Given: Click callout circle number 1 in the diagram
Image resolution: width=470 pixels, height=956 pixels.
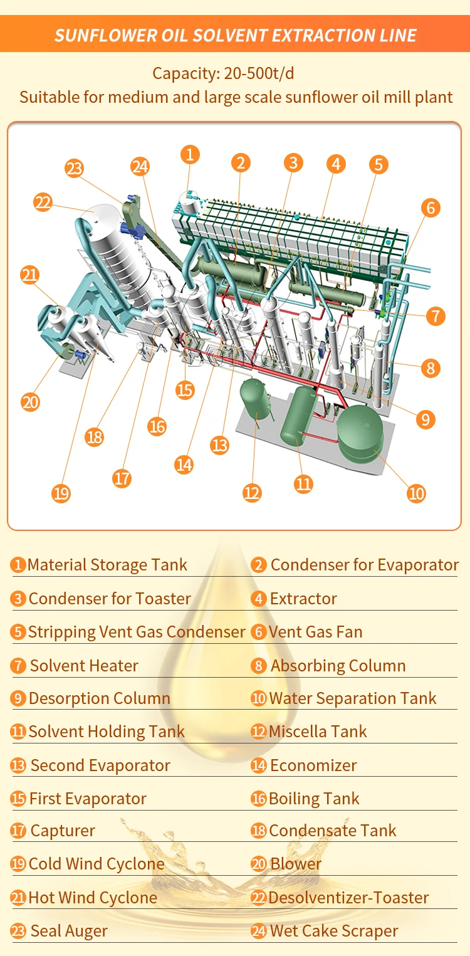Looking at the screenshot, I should pos(190,154).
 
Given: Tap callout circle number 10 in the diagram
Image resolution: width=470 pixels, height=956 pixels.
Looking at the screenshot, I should pos(416,493).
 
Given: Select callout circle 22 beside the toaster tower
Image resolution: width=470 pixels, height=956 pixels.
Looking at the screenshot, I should pos(43,203).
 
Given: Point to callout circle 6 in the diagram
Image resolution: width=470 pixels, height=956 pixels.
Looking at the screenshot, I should pos(431,208).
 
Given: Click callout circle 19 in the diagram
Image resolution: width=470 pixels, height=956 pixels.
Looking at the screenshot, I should pos(61,493).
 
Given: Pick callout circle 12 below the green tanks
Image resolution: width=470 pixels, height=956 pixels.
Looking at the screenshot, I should pos(251,493).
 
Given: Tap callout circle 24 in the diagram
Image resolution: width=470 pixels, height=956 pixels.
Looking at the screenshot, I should pos(140,167).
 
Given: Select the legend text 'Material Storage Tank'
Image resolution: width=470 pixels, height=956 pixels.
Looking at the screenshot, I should pos(107,565).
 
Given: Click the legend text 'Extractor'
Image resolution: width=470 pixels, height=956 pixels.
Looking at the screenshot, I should pos(303,599).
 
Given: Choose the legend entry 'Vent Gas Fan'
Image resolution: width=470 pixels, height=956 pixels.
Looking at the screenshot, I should pos(315,632).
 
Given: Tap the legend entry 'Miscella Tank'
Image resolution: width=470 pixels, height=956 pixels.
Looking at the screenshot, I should pos(318,732).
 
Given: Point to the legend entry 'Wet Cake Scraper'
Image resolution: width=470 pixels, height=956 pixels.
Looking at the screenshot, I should pos(333,931).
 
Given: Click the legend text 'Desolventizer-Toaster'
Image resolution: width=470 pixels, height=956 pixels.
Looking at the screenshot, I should pos(348,898).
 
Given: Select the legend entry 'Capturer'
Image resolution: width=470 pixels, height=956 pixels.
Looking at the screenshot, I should pos(63,831).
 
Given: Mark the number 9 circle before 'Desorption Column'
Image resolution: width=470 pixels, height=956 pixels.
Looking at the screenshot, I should pos(18,698).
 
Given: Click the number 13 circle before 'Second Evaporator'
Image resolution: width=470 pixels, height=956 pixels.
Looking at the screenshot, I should pos(18,765).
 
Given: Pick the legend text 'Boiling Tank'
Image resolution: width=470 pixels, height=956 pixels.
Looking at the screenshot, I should pos(314,799).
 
